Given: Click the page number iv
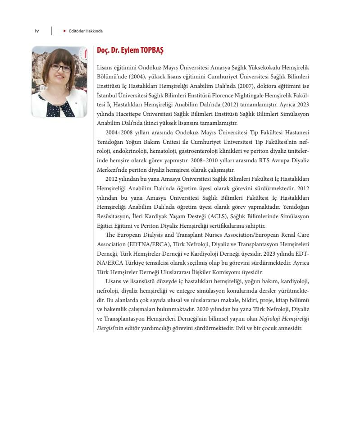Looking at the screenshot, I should [x=37, y=31].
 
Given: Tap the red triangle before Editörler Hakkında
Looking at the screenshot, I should [x=65, y=31].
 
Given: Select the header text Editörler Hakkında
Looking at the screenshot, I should [x=86, y=31].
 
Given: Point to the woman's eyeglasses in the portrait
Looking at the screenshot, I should [x=61, y=69].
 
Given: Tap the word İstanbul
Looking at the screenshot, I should [x=107, y=95].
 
